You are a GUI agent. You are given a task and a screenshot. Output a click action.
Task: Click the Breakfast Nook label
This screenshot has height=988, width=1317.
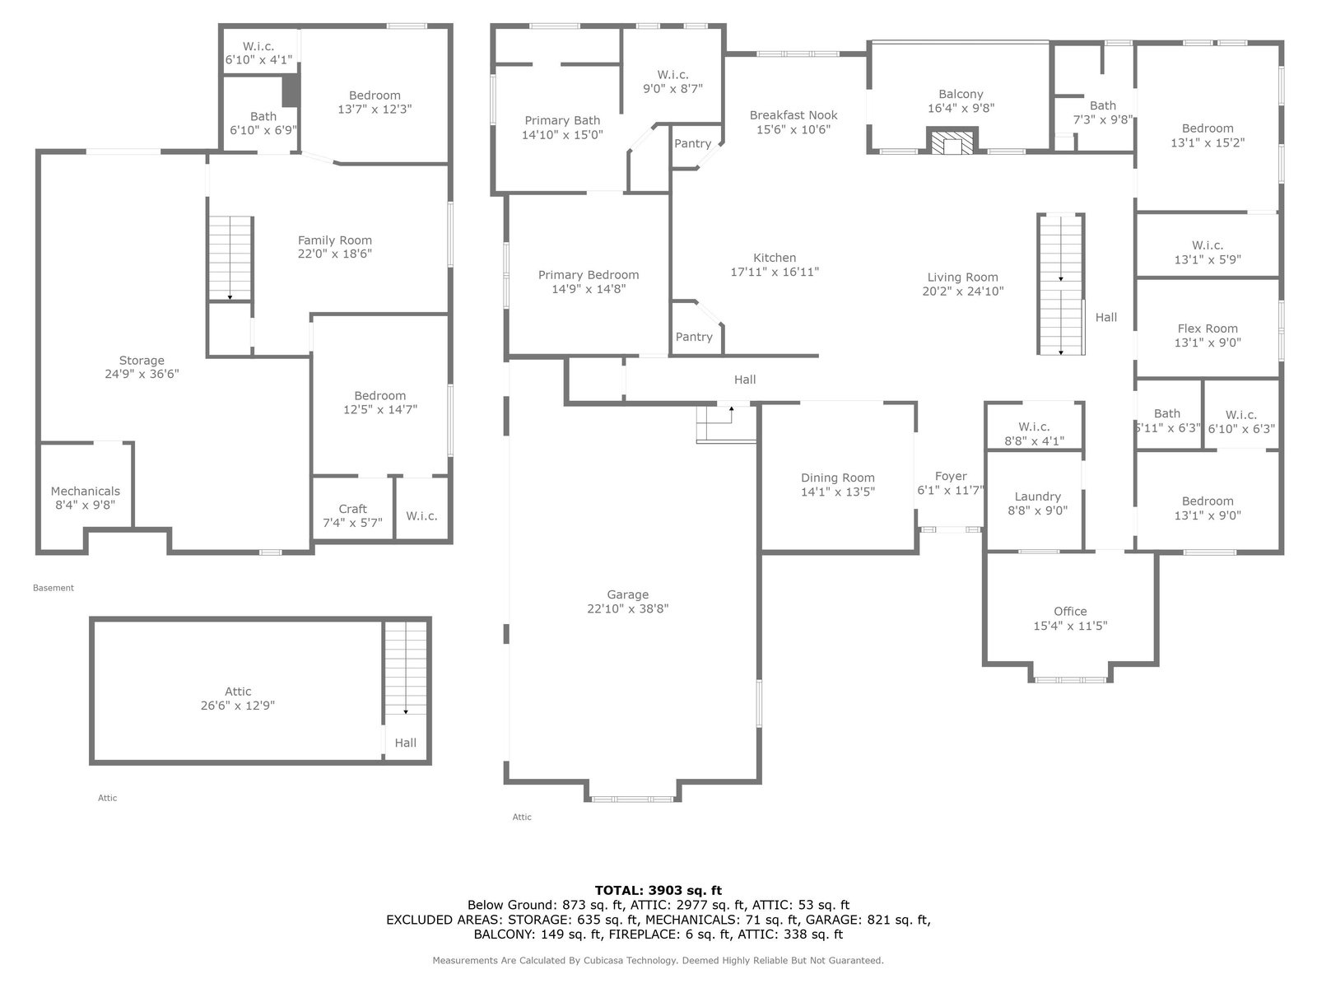(x=793, y=115)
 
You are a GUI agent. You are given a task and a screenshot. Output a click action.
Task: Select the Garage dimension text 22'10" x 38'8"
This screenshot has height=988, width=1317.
(x=627, y=608)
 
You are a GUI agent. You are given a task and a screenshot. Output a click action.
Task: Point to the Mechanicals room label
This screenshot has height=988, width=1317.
(x=86, y=492)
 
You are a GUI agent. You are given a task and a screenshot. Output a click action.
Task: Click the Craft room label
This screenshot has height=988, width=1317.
(x=353, y=509)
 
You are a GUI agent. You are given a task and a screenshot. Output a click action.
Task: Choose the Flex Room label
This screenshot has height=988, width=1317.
(x=1208, y=329)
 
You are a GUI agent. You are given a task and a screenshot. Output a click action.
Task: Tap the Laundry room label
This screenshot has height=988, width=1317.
(x=1037, y=496)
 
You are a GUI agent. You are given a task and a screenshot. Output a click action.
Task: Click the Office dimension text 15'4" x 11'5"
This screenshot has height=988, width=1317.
(x=1070, y=626)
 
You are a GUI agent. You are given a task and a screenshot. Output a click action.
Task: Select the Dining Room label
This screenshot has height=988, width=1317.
(x=838, y=478)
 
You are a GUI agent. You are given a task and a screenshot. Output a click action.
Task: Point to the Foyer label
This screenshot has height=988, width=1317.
(x=951, y=477)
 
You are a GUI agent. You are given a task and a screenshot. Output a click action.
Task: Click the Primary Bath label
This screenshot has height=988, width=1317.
(x=562, y=120)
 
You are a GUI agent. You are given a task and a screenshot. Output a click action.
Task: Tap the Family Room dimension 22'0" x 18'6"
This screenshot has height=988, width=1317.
(x=335, y=254)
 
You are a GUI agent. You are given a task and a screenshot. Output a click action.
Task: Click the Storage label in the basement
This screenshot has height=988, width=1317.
(x=142, y=361)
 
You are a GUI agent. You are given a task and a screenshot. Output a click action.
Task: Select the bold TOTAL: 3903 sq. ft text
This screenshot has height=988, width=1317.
(x=658, y=890)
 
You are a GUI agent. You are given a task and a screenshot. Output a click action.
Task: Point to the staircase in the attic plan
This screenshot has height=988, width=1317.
(x=406, y=668)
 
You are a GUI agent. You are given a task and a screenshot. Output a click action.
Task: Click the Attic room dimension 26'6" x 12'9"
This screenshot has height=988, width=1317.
(x=238, y=706)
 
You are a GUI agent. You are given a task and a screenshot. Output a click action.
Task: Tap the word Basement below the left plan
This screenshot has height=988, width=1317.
(x=54, y=588)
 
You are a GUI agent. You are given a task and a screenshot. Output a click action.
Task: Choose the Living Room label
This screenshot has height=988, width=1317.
(x=962, y=277)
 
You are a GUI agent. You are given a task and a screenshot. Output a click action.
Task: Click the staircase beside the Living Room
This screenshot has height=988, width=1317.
(x=1061, y=284)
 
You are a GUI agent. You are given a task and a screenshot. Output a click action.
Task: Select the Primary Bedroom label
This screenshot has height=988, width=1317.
(x=588, y=275)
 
